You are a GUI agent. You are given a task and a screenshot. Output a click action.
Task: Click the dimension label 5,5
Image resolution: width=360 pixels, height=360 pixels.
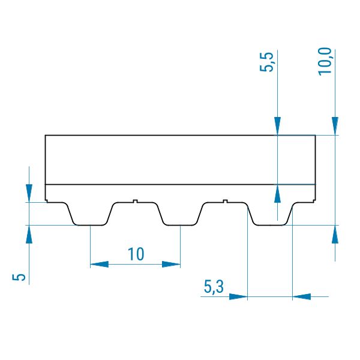coord(266,62)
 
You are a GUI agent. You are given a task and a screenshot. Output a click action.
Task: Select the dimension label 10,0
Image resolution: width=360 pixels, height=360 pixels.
coord(325,61)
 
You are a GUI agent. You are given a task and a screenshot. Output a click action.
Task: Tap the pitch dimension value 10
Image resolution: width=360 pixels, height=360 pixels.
coord(136,254)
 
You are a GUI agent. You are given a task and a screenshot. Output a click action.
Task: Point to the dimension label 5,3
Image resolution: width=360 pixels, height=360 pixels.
coord(214,287)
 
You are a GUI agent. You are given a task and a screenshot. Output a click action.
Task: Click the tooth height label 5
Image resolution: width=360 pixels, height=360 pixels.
coord(19,277)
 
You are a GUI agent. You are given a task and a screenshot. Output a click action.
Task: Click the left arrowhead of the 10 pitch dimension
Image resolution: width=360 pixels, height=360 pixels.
coord(99,264)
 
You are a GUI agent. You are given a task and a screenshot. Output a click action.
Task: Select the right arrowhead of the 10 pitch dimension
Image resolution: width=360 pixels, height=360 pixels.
coord(171,264)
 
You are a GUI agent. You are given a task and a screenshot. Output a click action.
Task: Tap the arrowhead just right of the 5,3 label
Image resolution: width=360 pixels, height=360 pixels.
coord(238,296)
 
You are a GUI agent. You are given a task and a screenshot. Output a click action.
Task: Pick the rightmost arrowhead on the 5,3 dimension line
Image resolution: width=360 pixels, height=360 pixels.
coord(301,296)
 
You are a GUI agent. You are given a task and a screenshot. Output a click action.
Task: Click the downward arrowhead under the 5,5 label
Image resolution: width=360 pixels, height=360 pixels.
coord(277,126)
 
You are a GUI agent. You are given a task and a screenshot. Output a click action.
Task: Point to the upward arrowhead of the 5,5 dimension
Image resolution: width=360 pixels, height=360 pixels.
coord(277,194)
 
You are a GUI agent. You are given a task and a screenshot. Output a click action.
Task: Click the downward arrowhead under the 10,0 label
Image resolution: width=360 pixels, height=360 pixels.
coord(335,126)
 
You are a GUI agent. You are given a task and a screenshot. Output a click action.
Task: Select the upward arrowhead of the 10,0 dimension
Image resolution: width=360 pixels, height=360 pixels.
coord(335,234)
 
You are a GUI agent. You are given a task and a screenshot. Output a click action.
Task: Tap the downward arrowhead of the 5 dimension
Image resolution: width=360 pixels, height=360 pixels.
coord(29,193)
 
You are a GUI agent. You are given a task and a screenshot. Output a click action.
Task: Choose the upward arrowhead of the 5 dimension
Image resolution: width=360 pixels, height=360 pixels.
coord(29,234)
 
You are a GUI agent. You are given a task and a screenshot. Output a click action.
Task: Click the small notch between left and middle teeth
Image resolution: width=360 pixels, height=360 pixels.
coord(136,202)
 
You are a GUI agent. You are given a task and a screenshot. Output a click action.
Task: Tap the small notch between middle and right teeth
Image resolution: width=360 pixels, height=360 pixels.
coord(226,202)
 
